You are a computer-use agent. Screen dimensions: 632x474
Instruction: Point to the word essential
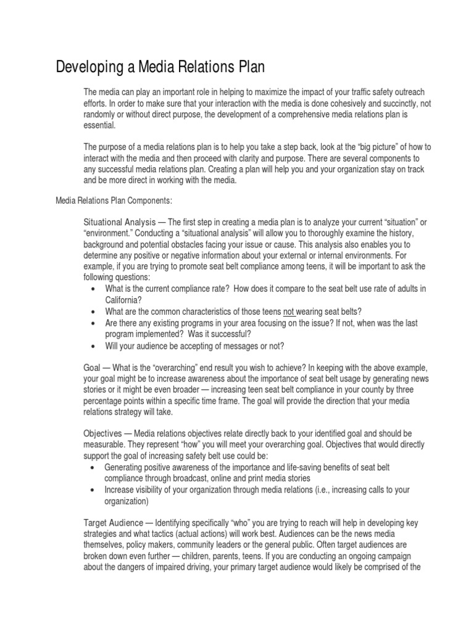coord(99,125)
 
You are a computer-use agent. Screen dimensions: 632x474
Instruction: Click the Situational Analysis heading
coord(120,222)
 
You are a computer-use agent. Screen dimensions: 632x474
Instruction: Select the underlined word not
coord(289,311)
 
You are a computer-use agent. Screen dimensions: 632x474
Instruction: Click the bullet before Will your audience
coord(93,346)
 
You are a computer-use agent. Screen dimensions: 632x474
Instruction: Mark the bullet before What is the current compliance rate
coord(93,289)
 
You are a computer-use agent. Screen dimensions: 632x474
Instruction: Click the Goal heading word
coord(92,367)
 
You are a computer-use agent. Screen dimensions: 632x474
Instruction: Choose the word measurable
coord(106,445)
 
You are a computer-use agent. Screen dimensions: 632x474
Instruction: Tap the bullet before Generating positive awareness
coord(93,467)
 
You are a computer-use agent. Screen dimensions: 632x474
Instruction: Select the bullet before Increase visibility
coord(93,490)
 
